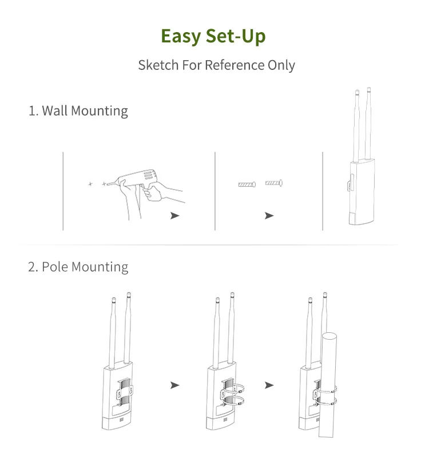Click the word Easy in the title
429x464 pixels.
pyautogui.click(x=181, y=37)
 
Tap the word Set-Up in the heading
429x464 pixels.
pyautogui.click(x=236, y=37)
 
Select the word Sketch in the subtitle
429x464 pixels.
pyautogui.click(x=158, y=65)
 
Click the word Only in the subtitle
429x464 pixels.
pyautogui.click(x=281, y=65)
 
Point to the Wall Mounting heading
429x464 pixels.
pyautogui.click(x=78, y=111)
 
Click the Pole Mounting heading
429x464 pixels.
pyautogui.click(x=78, y=267)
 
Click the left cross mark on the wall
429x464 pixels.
pyautogui.click(x=90, y=184)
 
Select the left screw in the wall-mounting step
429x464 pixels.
pyautogui.click(x=247, y=184)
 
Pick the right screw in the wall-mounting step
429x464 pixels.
pyautogui.click(x=274, y=183)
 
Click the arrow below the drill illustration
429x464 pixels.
pyautogui.click(x=175, y=216)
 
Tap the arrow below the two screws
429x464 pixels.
pyautogui.click(x=269, y=216)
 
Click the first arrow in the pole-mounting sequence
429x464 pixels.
pyautogui.click(x=175, y=385)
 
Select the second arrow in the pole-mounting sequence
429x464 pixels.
pyautogui.click(x=269, y=385)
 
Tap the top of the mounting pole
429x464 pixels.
pyautogui.click(x=329, y=336)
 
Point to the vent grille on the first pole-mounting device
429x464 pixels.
pyautogui.click(x=121, y=420)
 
